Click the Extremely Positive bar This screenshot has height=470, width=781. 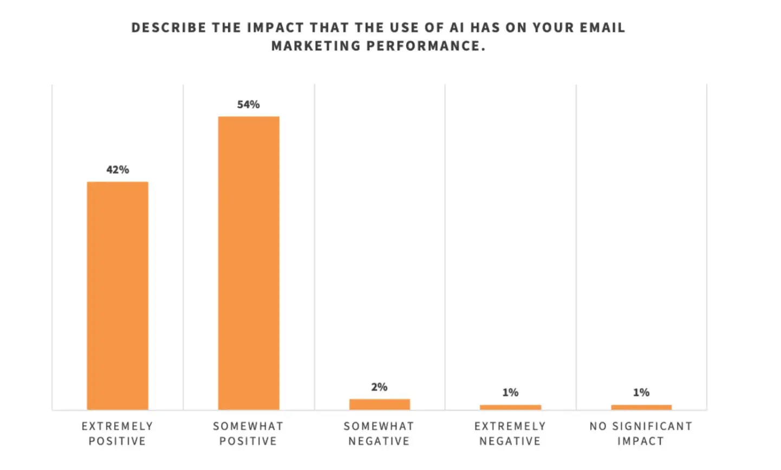(118, 295)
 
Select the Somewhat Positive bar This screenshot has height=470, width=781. (249, 263)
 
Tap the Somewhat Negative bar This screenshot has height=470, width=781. (379, 404)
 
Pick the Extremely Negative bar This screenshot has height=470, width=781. (510, 407)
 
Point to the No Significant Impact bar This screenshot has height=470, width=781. (641, 407)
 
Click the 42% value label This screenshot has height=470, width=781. (118, 170)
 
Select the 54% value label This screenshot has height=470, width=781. (249, 105)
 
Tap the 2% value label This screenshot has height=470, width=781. (379, 387)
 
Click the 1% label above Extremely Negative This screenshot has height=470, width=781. (510, 392)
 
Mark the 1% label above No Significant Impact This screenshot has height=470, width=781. (641, 392)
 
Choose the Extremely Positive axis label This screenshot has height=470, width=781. (118, 434)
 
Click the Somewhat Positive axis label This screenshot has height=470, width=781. (249, 434)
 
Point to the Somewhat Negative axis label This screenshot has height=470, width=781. (379, 434)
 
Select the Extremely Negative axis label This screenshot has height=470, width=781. (510, 434)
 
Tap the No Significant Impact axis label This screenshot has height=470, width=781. (641, 434)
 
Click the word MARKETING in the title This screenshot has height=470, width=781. (316, 46)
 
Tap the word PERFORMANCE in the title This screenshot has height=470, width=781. (426, 46)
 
